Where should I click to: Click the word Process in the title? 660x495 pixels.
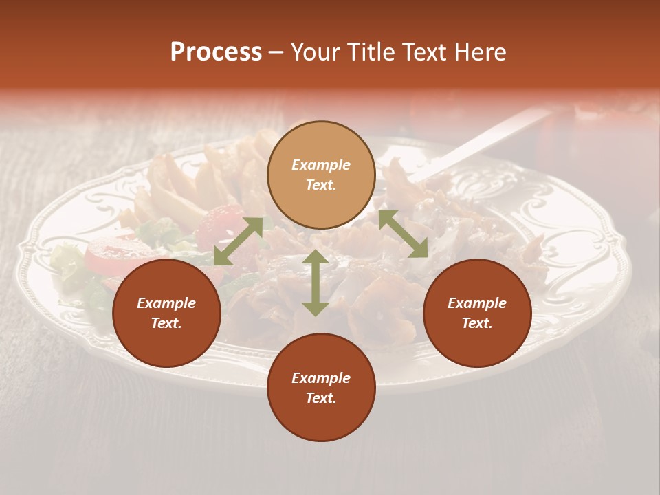[216, 52]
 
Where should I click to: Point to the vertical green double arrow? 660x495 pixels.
[315, 283]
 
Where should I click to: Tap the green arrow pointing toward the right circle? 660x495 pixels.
[403, 234]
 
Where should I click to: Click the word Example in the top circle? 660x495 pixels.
[321, 165]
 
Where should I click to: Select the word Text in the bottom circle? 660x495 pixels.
[321, 398]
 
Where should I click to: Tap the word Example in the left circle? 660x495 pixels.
[166, 303]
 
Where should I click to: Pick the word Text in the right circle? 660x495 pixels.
[477, 323]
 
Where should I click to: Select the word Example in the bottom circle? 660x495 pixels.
[321, 378]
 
